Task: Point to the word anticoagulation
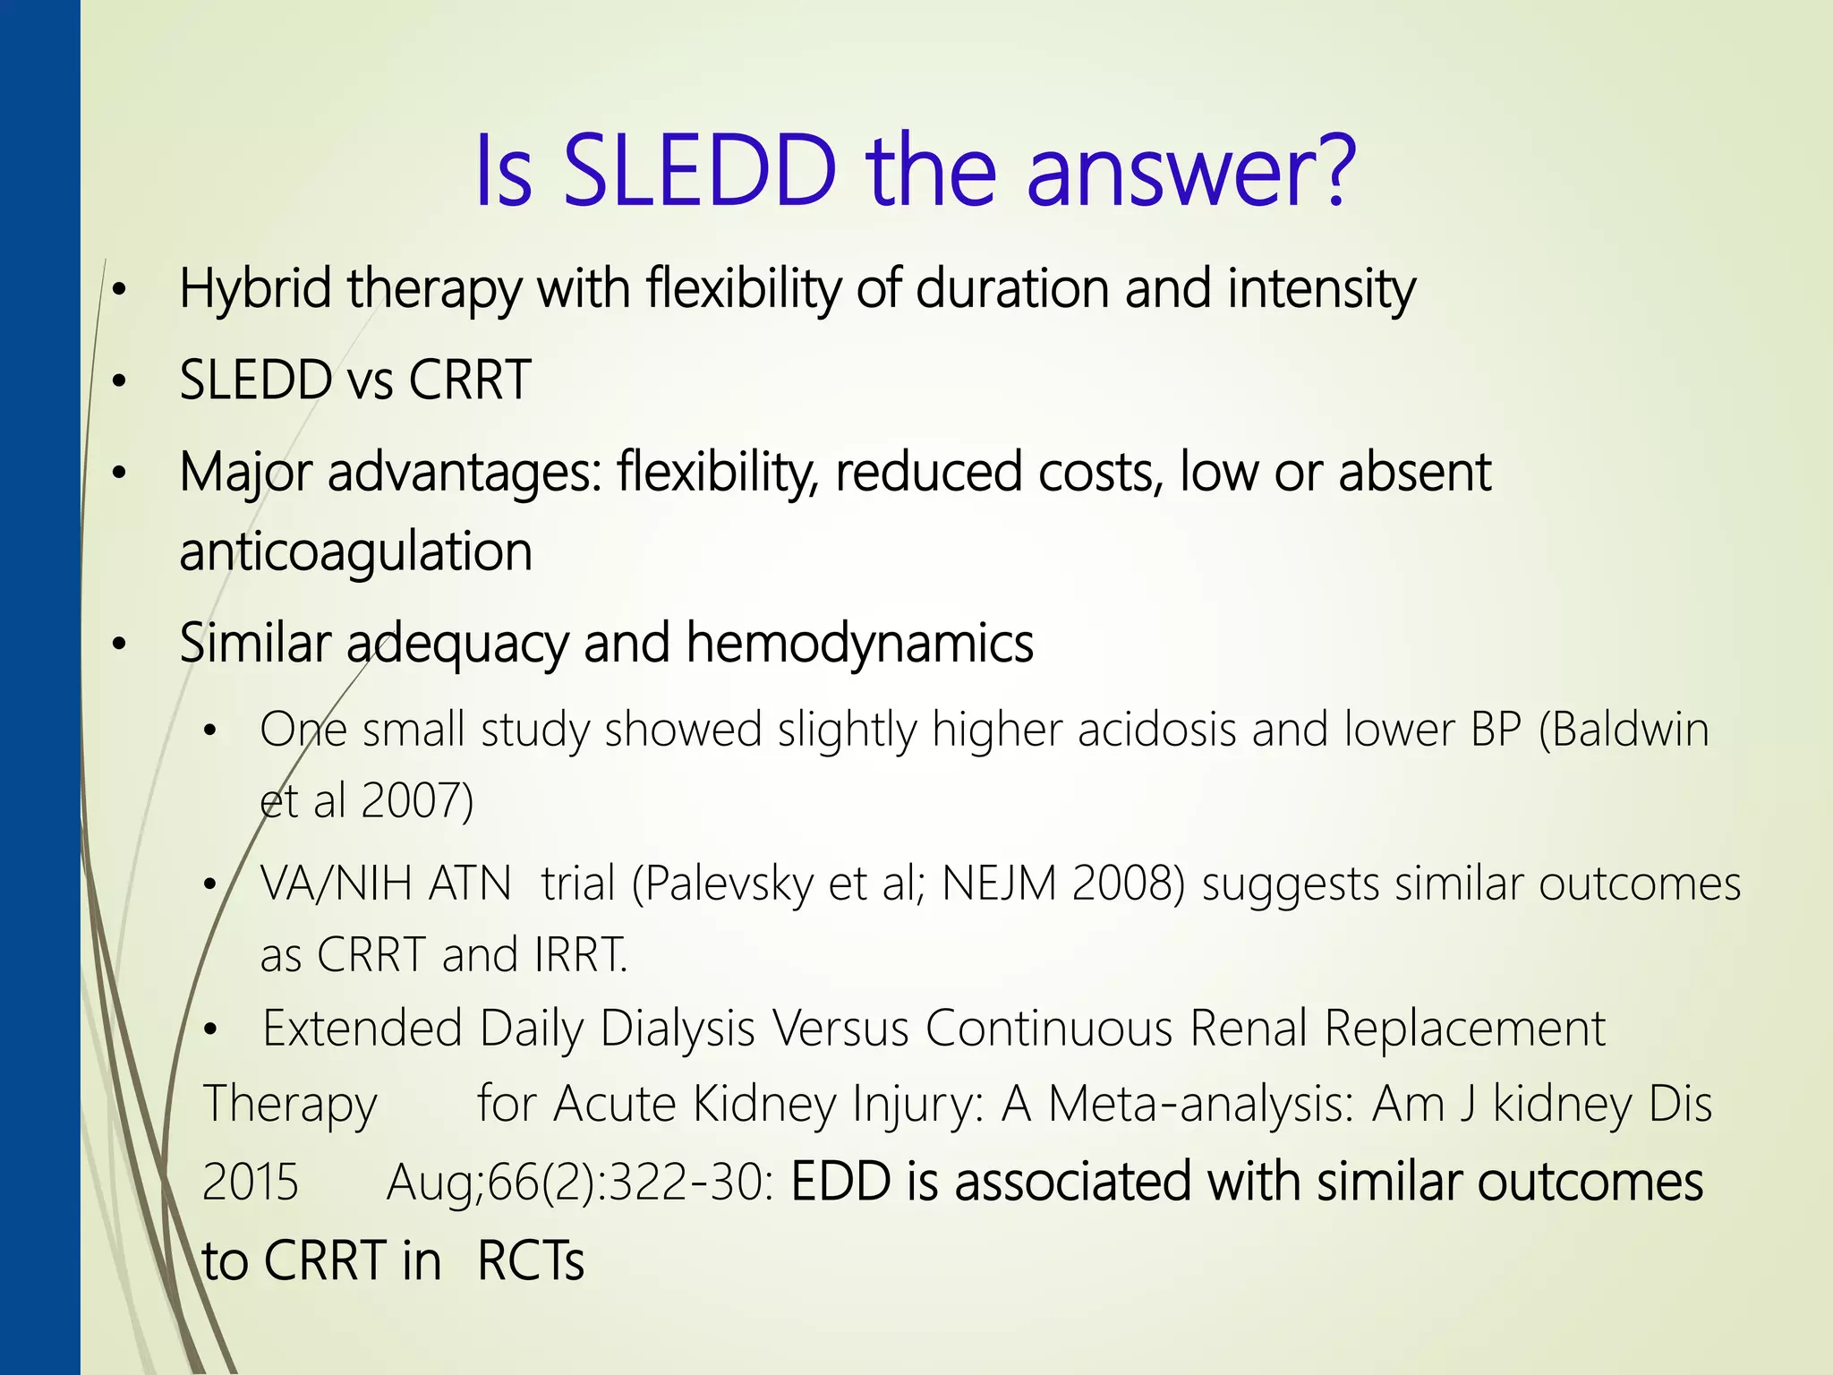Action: click(x=355, y=551)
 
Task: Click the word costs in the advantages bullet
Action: click(x=1101, y=472)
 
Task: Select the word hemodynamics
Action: click(x=859, y=643)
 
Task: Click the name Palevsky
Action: click(x=729, y=884)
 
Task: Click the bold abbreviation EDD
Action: click(x=841, y=1182)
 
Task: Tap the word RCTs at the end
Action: click(x=531, y=1261)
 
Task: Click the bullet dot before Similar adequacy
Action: click(x=120, y=645)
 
